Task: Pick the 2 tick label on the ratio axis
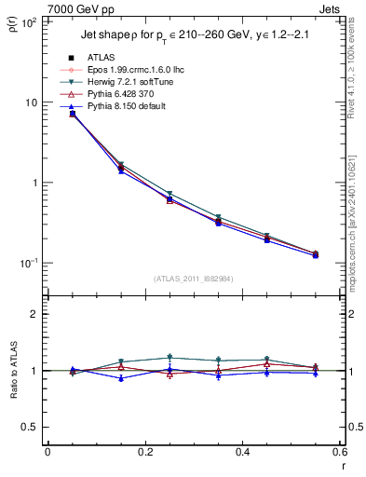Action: click(34, 315)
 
